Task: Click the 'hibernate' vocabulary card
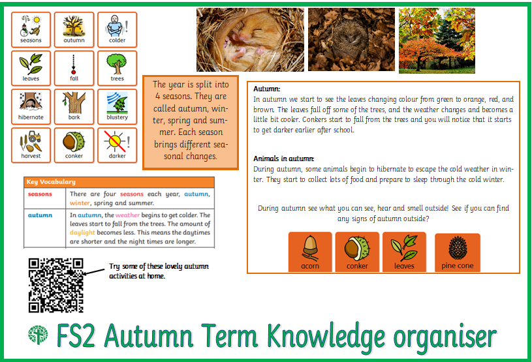[31, 107]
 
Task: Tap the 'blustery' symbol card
[117, 107]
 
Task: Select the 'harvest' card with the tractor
[31, 145]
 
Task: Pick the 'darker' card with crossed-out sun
[117, 145]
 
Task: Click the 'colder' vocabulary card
[117, 30]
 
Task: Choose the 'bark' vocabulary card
[74, 107]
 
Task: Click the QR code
[56, 285]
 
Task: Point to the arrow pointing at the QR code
[94, 271]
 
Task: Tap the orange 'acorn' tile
[310, 252]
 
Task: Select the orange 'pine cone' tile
[458, 252]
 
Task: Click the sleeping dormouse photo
[250, 40]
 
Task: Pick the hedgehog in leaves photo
[351, 39]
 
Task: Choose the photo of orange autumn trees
[437, 40]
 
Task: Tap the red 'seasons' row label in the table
[40, 194]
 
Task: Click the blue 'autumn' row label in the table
[40, 215]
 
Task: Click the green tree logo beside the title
[38, 335]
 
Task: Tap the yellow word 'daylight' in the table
[82, 232]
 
